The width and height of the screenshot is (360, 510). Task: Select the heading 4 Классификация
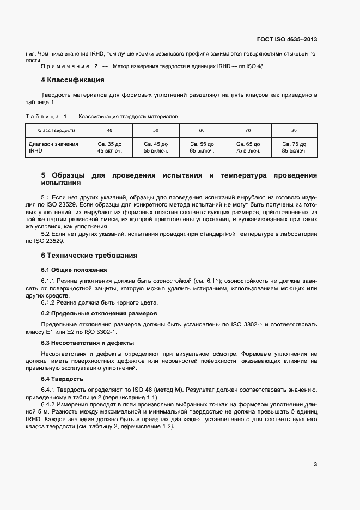tap(72, 80)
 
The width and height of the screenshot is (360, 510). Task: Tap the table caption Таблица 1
tap(46, 116)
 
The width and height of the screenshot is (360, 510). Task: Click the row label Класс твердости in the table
tap(56, 131)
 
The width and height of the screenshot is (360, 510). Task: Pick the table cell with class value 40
tap(109, 131)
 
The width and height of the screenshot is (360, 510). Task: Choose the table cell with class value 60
tap(202, 131)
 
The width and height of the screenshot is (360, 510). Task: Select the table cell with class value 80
tap(294, 131)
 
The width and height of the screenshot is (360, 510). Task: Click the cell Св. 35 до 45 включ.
tap(109, 147)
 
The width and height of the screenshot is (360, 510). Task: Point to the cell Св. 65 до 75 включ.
tap(248, 147)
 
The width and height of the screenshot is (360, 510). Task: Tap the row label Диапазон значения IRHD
tap(53, 147)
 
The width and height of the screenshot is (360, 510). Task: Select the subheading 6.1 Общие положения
tap(74, 270)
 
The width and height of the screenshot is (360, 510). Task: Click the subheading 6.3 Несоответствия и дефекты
tap(87, 343)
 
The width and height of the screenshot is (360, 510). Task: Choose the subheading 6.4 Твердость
tap(62, 379)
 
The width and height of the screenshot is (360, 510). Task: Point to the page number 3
tap(315, 464)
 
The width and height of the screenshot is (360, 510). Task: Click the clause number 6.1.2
tap(48, 302)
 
